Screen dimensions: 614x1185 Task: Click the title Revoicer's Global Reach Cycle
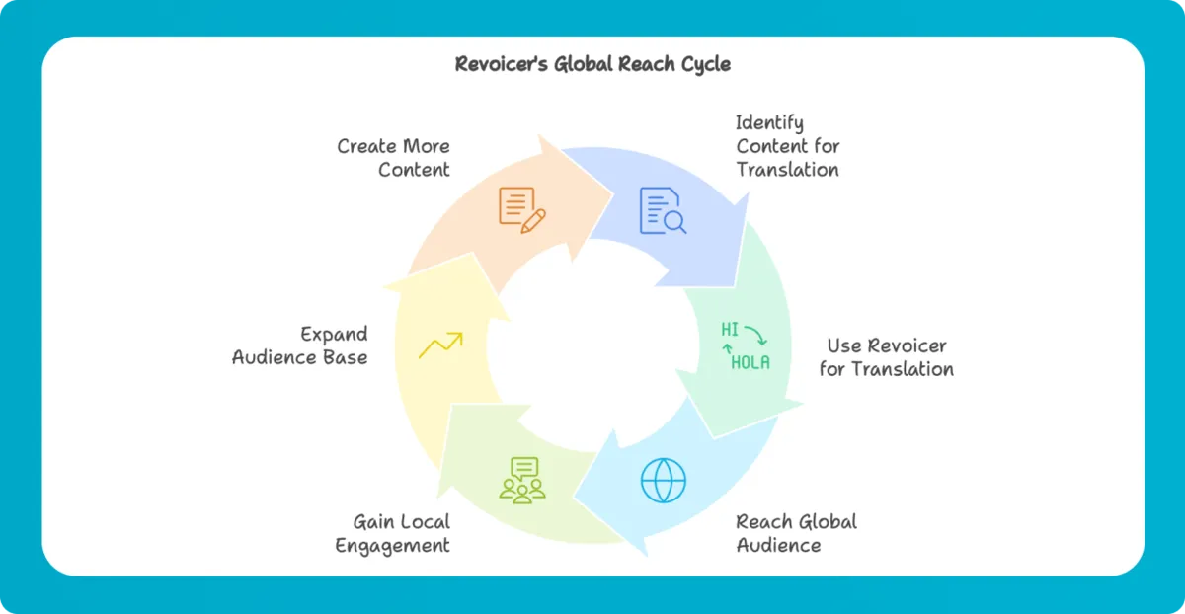tap(592, 64)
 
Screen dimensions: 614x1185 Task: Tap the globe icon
tap(663, 480)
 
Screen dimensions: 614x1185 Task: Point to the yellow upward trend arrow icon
tap(440, 345)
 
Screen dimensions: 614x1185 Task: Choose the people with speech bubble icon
tap(522, 480)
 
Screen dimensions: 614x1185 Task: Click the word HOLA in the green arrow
tap(750, 362)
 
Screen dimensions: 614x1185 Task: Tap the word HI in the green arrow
tap(730, 330)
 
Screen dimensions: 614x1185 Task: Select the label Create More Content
tap(393, 158)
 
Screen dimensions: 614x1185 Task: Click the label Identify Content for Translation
tap(787, 146)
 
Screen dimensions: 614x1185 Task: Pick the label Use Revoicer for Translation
tap(886, 357)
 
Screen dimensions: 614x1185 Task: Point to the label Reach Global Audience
tap(796, 533)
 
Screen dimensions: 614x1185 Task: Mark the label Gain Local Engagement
tap(392, 533)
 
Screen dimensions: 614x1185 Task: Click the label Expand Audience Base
tap(300, 345)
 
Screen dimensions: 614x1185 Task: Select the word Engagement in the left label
tap(392, 545)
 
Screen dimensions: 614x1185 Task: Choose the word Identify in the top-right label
tap(769, 122)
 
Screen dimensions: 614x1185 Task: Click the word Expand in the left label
tap(334, 334)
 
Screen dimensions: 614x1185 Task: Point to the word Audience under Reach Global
tap(778, 545)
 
